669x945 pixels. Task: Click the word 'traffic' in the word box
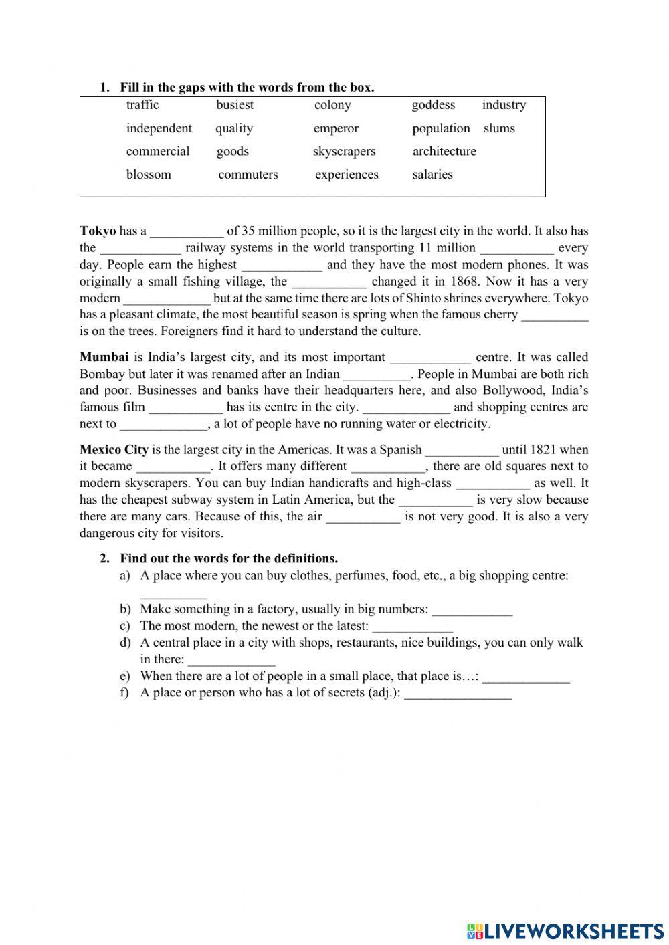[142, 105]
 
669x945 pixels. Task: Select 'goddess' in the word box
[433, 105]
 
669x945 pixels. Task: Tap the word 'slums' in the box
[499, 128]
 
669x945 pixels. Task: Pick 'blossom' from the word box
[149, 175]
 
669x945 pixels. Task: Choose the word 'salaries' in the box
[432, 175]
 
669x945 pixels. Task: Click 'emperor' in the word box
[336, 128]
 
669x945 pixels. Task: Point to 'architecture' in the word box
[444, 152]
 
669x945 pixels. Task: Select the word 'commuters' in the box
[248, 175]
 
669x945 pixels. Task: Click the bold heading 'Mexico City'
[114, 450]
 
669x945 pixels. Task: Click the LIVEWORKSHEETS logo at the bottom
[565, 930]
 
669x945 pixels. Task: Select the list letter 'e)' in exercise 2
[124, 676]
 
